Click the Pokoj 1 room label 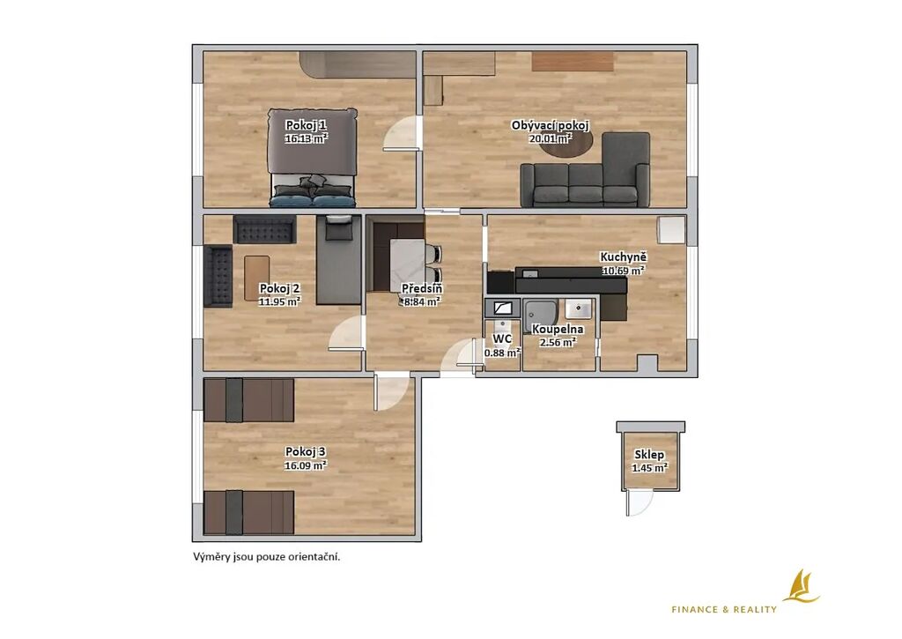[306, 125]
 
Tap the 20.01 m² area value [551, 138]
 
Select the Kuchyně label [624, 257]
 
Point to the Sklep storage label [649, 455]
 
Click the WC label [503, 339]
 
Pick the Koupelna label [558, 330]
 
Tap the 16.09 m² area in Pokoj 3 [306, 465]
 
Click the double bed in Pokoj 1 [312, 157]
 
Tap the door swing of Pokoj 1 [401, 133]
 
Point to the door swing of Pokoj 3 [392, 391]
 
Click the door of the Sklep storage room [639, 503]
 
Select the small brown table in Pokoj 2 [256, 278]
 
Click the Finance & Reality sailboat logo [804, 587]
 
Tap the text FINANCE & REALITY [724, 609]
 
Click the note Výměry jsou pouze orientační [266, 557]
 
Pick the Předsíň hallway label [422, 288]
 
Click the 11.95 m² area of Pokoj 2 [279, 301]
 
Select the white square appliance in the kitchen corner [671, 230]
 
